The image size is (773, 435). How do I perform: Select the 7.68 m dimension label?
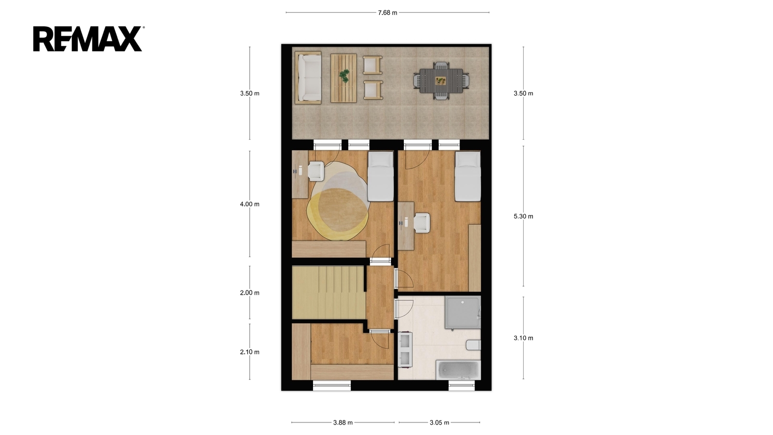pos(387,13)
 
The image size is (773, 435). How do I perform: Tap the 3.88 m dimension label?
pos(343,422)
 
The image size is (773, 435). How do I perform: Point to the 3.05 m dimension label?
pos(439,422)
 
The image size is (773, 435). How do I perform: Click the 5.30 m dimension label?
pos(523,216)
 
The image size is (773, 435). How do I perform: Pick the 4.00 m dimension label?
pos(249,204)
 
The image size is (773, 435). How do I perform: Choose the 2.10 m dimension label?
pos(249,352)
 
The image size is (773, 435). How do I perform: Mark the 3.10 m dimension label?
pos(523,338)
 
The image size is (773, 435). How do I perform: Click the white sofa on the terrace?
pos(308,78)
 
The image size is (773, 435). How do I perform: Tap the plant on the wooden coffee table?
pos(344,75)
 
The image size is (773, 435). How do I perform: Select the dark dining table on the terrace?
pos(442,81)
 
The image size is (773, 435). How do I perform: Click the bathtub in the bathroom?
pos(458,370)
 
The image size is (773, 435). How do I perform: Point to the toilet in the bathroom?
pos(473,345)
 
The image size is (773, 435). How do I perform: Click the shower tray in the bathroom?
pos(462,312)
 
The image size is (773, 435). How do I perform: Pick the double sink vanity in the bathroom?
pos(405,349)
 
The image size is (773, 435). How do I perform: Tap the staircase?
pos(329,292)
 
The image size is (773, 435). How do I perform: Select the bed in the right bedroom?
pos(468,176)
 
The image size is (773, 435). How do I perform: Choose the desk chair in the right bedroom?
pos(422,223)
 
